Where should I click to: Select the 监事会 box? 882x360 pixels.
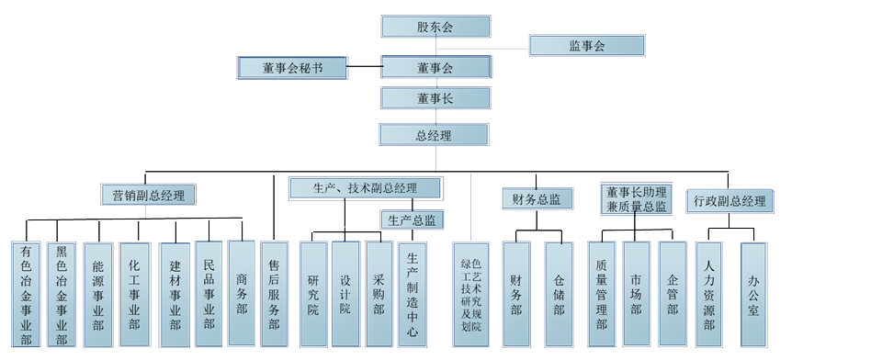click(587, 45)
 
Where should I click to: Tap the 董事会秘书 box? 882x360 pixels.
click(292, 67)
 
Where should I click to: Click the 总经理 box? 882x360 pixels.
click(434, 135)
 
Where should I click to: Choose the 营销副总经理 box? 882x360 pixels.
click(149, 195)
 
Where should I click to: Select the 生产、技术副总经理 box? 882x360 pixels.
click(365, 188)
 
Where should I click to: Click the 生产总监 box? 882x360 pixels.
click(412, 220)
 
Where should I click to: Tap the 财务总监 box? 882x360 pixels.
click(537, 197)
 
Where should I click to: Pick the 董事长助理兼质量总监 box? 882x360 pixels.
click(636, 199)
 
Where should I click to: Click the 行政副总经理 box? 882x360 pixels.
click(729, 201)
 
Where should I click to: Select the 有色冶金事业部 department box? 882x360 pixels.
click(26, 294)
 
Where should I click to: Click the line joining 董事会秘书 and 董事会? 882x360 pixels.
click(365, 67)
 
